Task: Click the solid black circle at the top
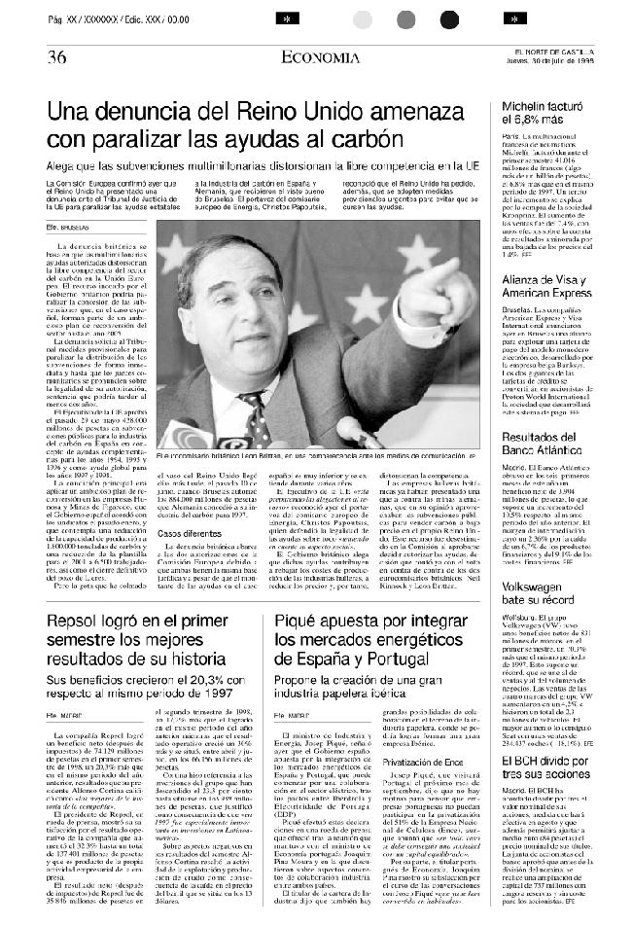click(x=448, y=19)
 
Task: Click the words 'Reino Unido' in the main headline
click(x=298, y=110)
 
